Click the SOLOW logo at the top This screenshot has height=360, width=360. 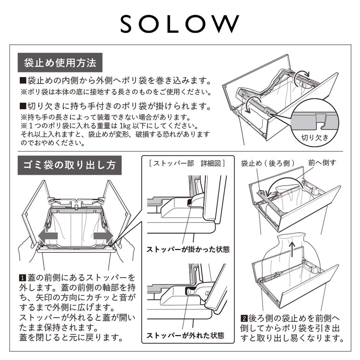180,24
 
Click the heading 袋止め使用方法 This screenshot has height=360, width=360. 60,63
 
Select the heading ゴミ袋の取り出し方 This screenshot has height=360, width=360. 70,165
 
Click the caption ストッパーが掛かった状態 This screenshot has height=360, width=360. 188,250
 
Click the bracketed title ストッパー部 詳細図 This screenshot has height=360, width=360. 187,163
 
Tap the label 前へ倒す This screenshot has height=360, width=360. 322,162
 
